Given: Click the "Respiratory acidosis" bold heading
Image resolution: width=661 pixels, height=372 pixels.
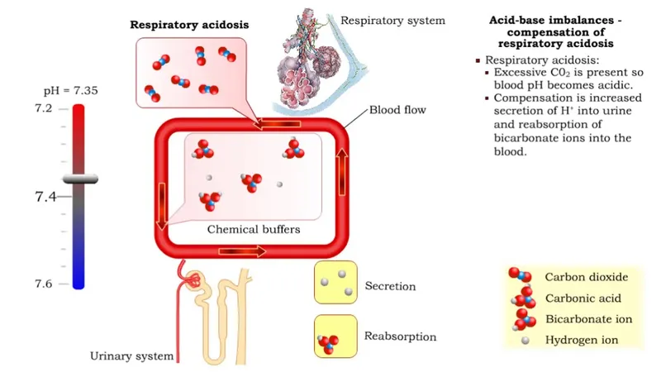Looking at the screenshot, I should (180, 25).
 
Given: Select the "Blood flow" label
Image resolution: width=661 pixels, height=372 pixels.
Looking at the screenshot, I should (397, 109).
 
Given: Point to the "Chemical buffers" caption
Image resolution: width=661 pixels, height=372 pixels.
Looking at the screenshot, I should (253, 229).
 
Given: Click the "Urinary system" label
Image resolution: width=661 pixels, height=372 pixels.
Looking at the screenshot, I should (132, 356).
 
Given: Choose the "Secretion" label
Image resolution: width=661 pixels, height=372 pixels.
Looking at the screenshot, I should (390, 287).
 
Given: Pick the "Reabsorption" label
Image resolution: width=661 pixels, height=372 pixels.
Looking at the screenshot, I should (400, 336).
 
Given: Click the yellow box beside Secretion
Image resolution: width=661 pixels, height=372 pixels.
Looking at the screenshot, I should (335, 283).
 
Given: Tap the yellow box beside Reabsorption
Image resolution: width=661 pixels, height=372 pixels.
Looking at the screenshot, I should (335, 336).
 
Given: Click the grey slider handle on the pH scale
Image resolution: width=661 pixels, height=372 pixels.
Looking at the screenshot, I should (78, 179).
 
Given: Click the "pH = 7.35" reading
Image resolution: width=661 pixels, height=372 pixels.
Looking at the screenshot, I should (71, 90).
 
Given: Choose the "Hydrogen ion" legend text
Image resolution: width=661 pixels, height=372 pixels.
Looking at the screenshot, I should (582, 340).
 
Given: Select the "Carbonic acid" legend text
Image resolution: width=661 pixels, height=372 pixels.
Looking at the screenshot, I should (583, 298).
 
